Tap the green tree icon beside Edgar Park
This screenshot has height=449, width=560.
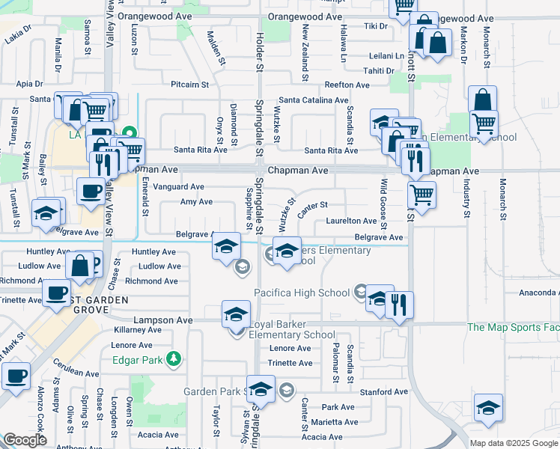point(174,359)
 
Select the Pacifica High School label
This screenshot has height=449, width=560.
point(302,293)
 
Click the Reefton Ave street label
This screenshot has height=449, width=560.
point(347,85)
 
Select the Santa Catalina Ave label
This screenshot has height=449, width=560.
point(314,100)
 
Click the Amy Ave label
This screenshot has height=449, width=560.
point(197,202)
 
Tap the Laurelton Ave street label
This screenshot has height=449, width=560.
point(351,221)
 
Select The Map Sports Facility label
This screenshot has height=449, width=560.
point(513,327)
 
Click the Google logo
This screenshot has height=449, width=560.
point(25,440)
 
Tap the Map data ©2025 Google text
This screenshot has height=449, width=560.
point(514,443)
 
